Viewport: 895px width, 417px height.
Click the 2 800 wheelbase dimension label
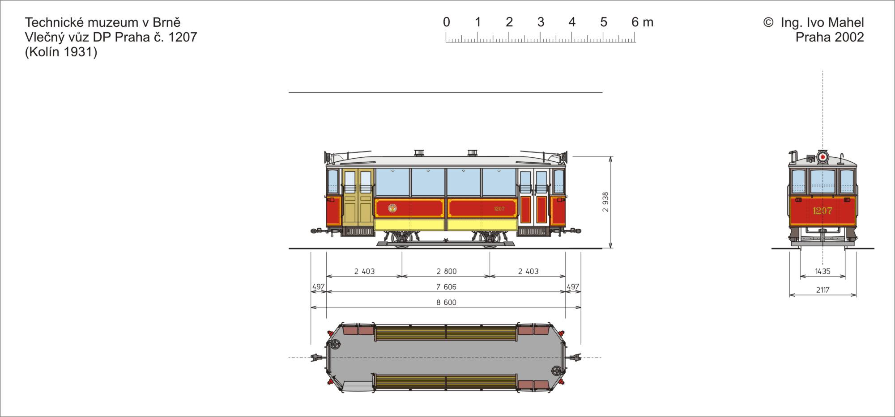(x=447, y=271)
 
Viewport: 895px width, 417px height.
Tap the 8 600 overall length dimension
(x=447, y=303)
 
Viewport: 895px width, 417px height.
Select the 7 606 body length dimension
(x=447, y=287)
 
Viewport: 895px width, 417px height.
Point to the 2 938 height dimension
(x=605, y=202)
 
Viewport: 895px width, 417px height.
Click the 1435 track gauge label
(x=823, y=271)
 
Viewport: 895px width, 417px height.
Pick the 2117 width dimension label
(x=823, y=290)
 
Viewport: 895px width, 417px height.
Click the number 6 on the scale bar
(x=635, y=22)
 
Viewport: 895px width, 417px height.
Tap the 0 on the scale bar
(x=446, y=22)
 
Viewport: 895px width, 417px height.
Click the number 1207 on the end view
(x=823, y=211)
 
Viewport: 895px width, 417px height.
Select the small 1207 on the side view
(x=499, y=209)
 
